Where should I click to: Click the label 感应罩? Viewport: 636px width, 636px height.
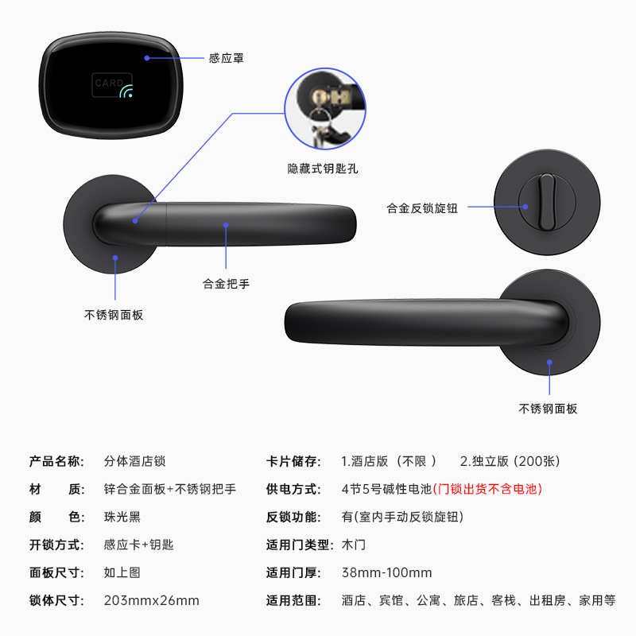point(226,58)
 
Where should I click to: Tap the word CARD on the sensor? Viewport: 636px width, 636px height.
point(108,83)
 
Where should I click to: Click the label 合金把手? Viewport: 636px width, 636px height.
point(226,283)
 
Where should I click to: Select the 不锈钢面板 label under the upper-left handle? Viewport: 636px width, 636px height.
point(114,315)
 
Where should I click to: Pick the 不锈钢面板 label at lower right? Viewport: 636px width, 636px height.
point(548,409)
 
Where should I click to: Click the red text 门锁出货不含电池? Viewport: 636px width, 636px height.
point(487,489)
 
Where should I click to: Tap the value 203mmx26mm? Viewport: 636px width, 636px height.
point(151,600)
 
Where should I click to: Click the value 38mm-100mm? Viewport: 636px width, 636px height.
point(386,572)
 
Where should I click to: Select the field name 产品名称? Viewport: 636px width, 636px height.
point(56,461)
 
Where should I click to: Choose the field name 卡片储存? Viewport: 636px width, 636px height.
point(293,461)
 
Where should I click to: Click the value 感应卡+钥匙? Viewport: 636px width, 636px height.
point(138,545)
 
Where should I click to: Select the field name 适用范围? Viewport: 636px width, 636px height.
point(293,600)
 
